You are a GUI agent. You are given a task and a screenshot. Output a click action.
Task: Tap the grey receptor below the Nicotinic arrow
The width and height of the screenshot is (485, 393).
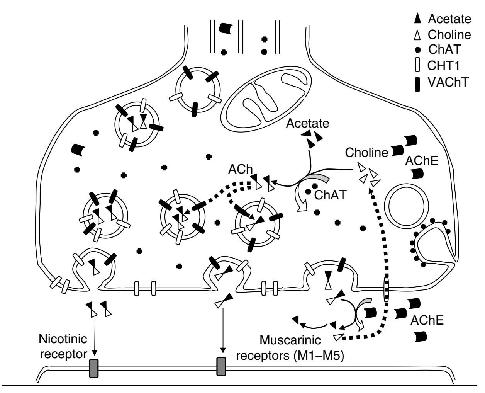click(94, 368)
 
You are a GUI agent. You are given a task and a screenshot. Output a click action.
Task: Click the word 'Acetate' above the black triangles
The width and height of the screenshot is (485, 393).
click(308, 123)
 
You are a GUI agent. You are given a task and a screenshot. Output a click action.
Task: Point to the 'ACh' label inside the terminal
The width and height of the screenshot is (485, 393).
click(236, 170)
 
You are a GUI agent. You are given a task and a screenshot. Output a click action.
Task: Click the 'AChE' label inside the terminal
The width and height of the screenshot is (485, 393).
click(422, 161)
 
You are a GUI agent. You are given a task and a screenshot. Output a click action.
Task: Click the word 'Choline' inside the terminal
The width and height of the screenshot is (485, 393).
click(366, 152)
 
